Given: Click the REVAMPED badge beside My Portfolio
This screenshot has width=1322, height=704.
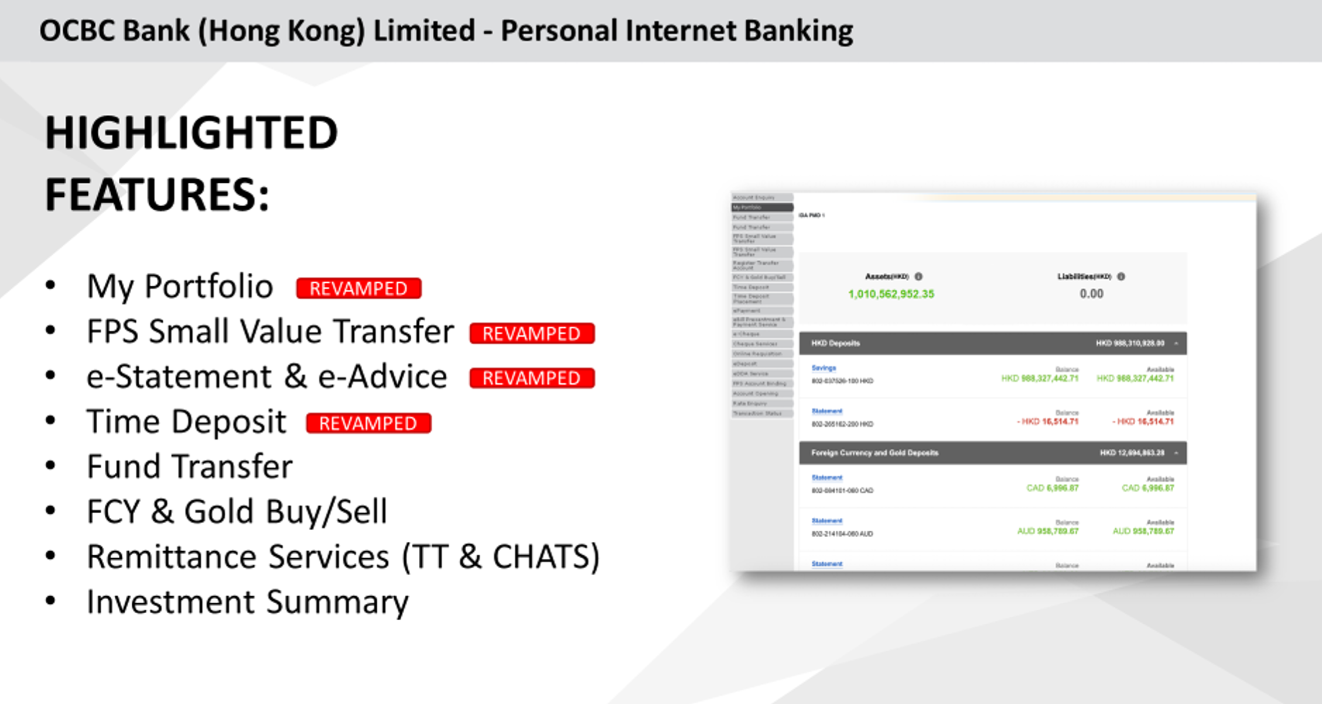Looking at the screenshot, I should click(x=358, y=288).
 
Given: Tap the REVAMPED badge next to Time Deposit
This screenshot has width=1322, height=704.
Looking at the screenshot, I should click(x=368, y=423).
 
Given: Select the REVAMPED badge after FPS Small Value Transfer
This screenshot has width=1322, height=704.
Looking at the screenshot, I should click(x=532, y=333).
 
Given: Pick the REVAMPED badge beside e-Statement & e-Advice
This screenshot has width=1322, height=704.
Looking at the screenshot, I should click(x=532, y=378).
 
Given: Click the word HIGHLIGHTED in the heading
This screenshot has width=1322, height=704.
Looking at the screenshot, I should click(x=192, y=132).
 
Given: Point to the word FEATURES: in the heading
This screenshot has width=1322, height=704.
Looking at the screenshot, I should click(x=157, y=194).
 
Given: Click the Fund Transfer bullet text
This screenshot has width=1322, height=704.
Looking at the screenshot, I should click(x=189, y=467).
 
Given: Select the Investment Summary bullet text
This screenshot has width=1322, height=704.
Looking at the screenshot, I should click(x=247, y=602).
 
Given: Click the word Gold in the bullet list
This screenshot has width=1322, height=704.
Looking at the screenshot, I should click(x=221, y=511).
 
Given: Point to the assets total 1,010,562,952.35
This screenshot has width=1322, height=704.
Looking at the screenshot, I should click(x=891, y=294).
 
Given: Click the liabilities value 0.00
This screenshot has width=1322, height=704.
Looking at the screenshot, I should click(x=1091, y=294).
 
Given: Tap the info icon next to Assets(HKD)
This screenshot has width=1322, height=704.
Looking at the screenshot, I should click(x=918, y=276).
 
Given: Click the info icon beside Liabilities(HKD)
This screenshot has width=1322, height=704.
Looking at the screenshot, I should click(x=1121, y=276).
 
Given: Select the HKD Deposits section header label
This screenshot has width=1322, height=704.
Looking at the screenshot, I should click(x=835, y=343).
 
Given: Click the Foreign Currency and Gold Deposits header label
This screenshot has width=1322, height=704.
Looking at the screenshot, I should click(x=874, y=453).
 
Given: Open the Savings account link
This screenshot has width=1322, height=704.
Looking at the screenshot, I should click(x=824, y=368).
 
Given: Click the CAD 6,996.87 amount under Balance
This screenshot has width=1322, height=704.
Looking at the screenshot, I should click(x=1052, y=488).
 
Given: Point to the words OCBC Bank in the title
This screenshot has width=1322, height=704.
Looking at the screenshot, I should click(x=114, y=31).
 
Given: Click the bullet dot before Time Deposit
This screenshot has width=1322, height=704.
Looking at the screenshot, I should click(x=51, y=421).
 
